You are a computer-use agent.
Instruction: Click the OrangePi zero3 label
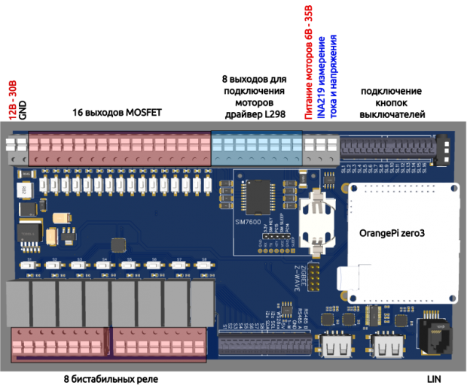pos(392,234)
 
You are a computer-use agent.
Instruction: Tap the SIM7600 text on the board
pos(246,224)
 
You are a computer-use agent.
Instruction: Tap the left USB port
pos(334,347)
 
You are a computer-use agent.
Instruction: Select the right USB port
pos(387,347)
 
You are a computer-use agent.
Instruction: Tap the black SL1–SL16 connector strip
pos(387,147)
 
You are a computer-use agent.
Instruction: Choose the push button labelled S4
pos(103,265)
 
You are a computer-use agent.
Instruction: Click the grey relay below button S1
pos(18,302)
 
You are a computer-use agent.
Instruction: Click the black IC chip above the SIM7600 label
pos(256,197)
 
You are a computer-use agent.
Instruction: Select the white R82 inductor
pos(26,190)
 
